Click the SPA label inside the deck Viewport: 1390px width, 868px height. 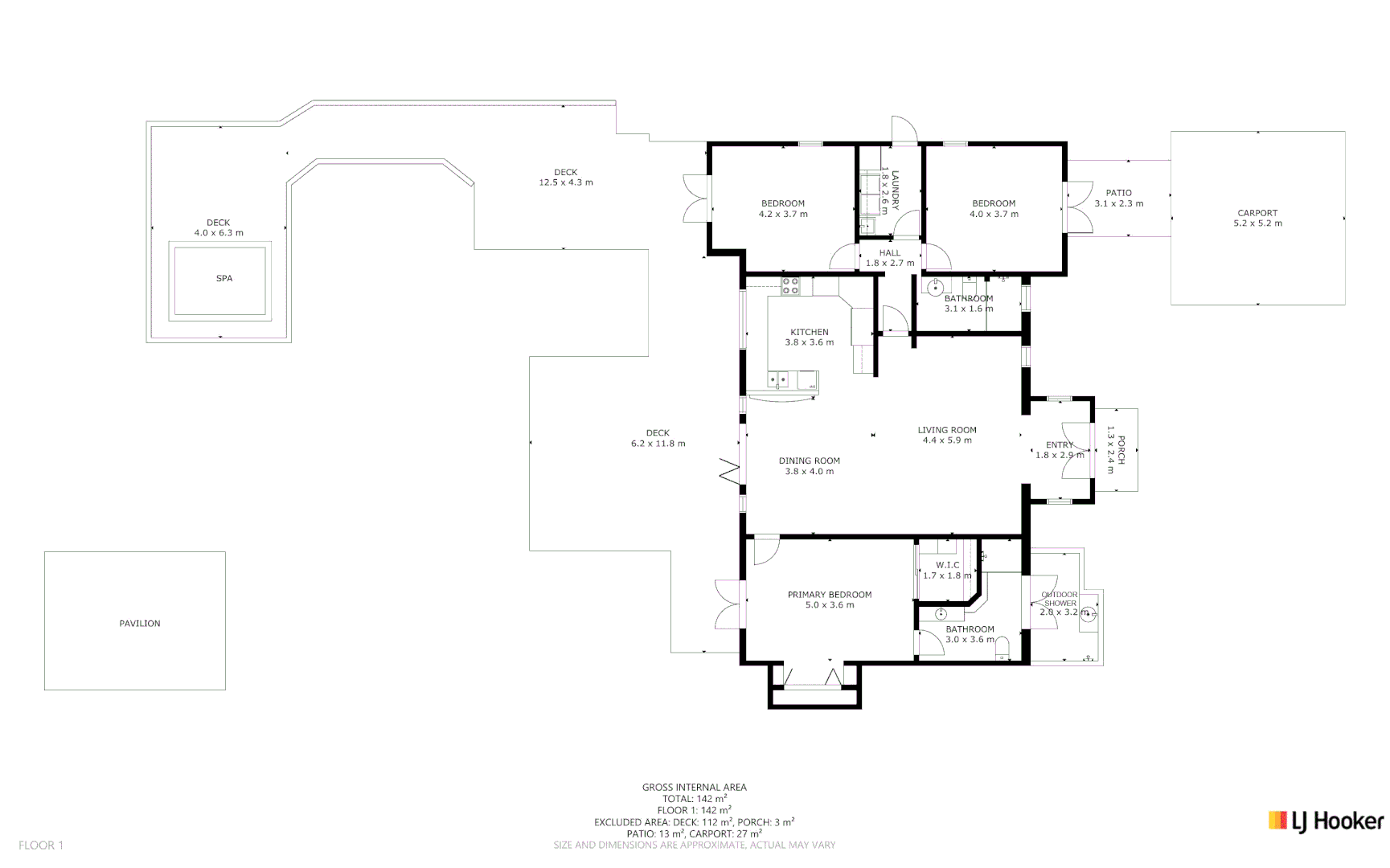(224, 279)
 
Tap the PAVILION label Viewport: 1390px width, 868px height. (140, 624)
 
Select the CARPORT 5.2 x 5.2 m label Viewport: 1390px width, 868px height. (1257, 219)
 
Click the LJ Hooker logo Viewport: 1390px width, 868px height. (1326, 821)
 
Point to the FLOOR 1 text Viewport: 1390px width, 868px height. (41, 845)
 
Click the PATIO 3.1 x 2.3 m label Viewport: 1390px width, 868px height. (1118, 199)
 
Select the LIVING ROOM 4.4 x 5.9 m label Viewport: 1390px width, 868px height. (947, 435)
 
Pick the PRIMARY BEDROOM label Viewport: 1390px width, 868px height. (830, 600)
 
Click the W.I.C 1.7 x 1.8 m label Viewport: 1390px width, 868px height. (947, 570)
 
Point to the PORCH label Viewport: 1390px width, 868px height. (1116, 449)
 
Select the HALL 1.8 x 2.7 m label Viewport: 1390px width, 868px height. (890, 258)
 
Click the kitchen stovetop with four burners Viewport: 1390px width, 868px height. (790, 285)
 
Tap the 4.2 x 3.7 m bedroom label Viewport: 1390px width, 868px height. (783, 209)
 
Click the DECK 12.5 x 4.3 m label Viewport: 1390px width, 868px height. (566, 178)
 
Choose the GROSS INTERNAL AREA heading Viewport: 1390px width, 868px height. (695, 788)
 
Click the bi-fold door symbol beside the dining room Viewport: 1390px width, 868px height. (730, 471)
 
